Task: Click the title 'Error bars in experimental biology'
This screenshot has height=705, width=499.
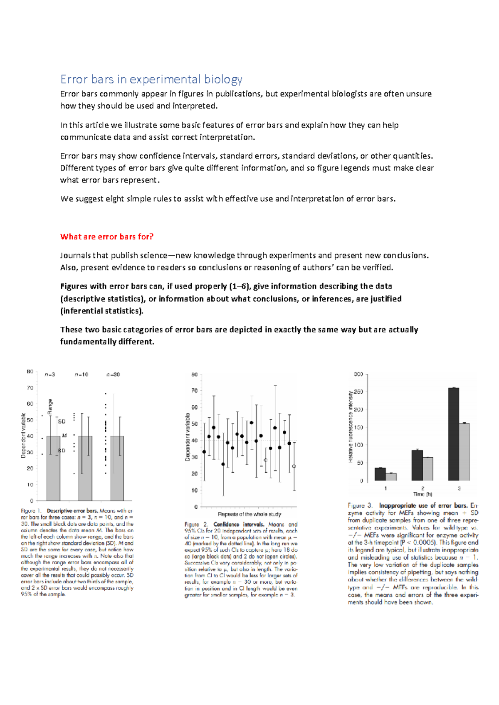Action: click(x=151, y=79)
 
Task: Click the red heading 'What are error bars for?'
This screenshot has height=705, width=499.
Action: click(x=106, y=237)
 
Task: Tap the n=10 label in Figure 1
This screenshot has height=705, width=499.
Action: click(x=82, y=375)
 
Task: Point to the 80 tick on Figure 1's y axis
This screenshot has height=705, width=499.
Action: click(x=30, y=372)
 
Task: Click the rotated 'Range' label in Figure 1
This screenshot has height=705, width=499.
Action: click(x=50, y=407)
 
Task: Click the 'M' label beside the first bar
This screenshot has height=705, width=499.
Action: click(x=64, y=436)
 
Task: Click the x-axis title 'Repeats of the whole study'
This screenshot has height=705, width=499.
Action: click(x=249, y=514)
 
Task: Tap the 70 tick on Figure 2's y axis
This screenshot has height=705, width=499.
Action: click(x=194, y=391)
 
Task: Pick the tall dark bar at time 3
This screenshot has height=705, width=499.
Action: click(x=454, y=434)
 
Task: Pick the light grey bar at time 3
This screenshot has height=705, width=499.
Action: click(x=464, y=452)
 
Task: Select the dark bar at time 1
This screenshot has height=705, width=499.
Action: click(x=380, y=474)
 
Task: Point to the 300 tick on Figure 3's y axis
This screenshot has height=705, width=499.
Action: click(x=358, y=374)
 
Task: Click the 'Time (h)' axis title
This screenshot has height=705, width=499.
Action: click(x=422, y=494)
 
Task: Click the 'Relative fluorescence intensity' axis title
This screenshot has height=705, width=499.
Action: click(x=351, y=426)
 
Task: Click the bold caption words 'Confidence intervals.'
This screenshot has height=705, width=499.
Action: click(x=239, y=525)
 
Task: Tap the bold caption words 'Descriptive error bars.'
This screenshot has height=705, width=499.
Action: click(x=72, y=511)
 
